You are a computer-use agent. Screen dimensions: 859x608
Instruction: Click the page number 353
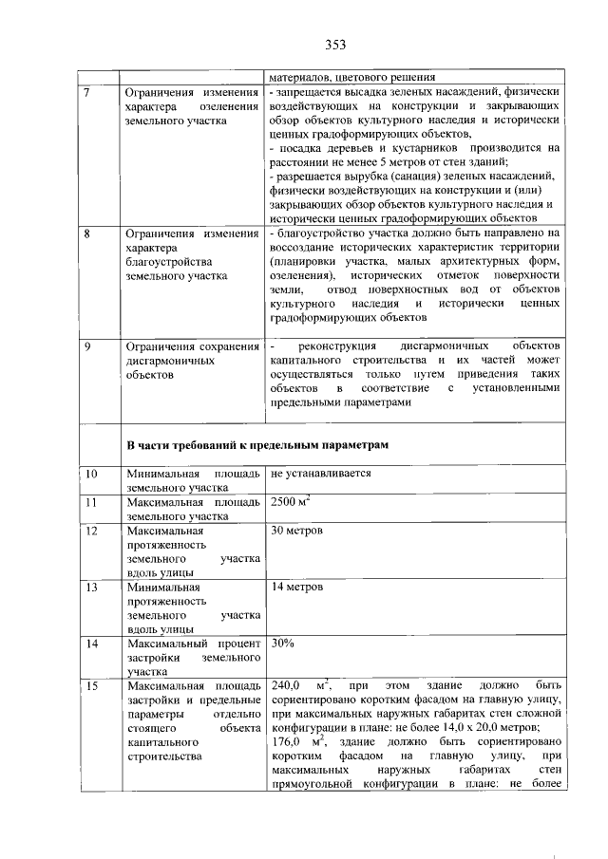click(333, 44)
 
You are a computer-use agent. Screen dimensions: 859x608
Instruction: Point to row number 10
click(91, 473)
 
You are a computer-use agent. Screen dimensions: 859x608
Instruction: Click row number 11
click(91, 500)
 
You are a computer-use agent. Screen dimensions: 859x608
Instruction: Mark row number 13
click(91, 587)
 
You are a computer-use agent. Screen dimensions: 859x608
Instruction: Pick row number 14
click(91, 644)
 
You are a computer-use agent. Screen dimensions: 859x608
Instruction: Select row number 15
click(91, 685)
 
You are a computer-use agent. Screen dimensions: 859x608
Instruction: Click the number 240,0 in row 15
click(286, 685)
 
